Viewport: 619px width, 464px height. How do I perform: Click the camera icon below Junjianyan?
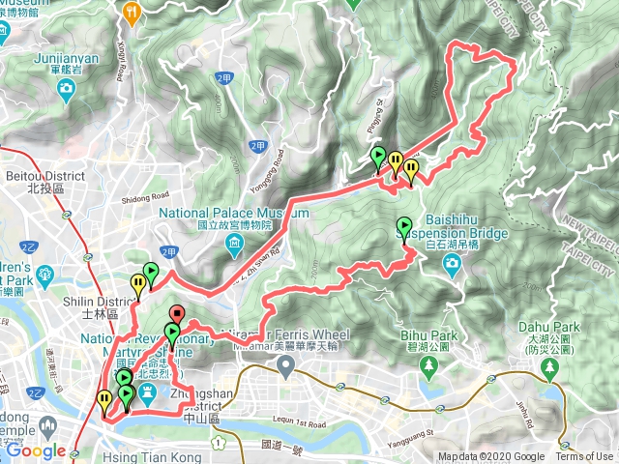[67, 91]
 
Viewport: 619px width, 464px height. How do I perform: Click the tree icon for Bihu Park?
[429, 365]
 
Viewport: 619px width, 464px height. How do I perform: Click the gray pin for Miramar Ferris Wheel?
[285, 365]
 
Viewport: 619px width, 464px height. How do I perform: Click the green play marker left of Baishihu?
[403, 227]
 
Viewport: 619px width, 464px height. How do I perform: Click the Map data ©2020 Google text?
[490, 457]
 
